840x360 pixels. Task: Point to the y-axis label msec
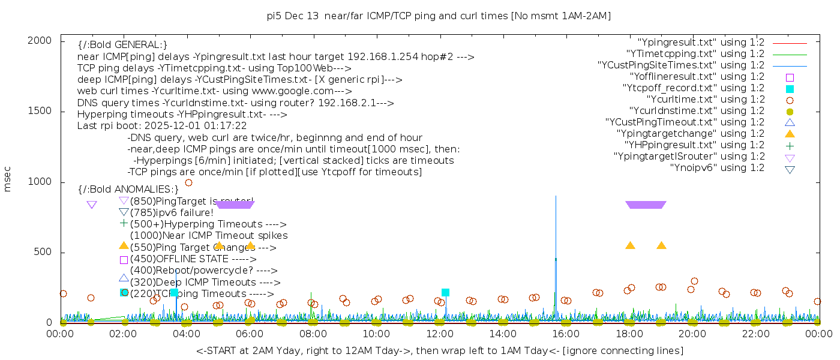[x=8, y=181]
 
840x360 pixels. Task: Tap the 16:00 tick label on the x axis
[x=566, y=334]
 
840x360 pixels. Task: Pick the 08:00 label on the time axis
[x=313, y=334]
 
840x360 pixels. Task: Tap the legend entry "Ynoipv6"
[x=717, y=168]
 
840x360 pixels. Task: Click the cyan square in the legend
[x=790, y=89]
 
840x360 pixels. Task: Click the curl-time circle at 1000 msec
[x=188, y=182]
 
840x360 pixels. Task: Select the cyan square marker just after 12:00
[x=445, y=292]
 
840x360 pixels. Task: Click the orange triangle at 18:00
[x=630, y=245]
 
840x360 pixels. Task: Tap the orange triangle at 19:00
[x=661, y=245]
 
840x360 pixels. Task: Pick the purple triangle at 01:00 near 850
[x=92, y=205]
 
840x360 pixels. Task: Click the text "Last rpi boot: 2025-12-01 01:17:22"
[x=162, y=126]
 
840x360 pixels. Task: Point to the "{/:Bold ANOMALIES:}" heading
[x=128, y=190]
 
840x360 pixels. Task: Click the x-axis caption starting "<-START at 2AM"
[x=439, y=350]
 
